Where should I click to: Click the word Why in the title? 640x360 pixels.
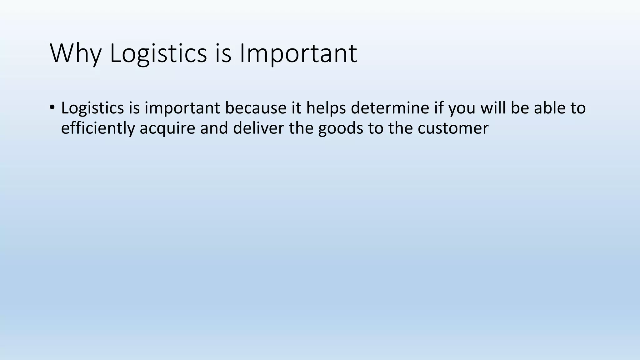[76, 53]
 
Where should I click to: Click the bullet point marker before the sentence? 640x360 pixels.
[52, 107]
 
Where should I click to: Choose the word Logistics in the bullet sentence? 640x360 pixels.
[92, 108]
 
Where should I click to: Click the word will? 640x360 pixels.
[493, 108]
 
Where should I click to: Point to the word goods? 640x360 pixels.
[341, 128]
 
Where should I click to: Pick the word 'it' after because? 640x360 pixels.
[296, 108]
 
